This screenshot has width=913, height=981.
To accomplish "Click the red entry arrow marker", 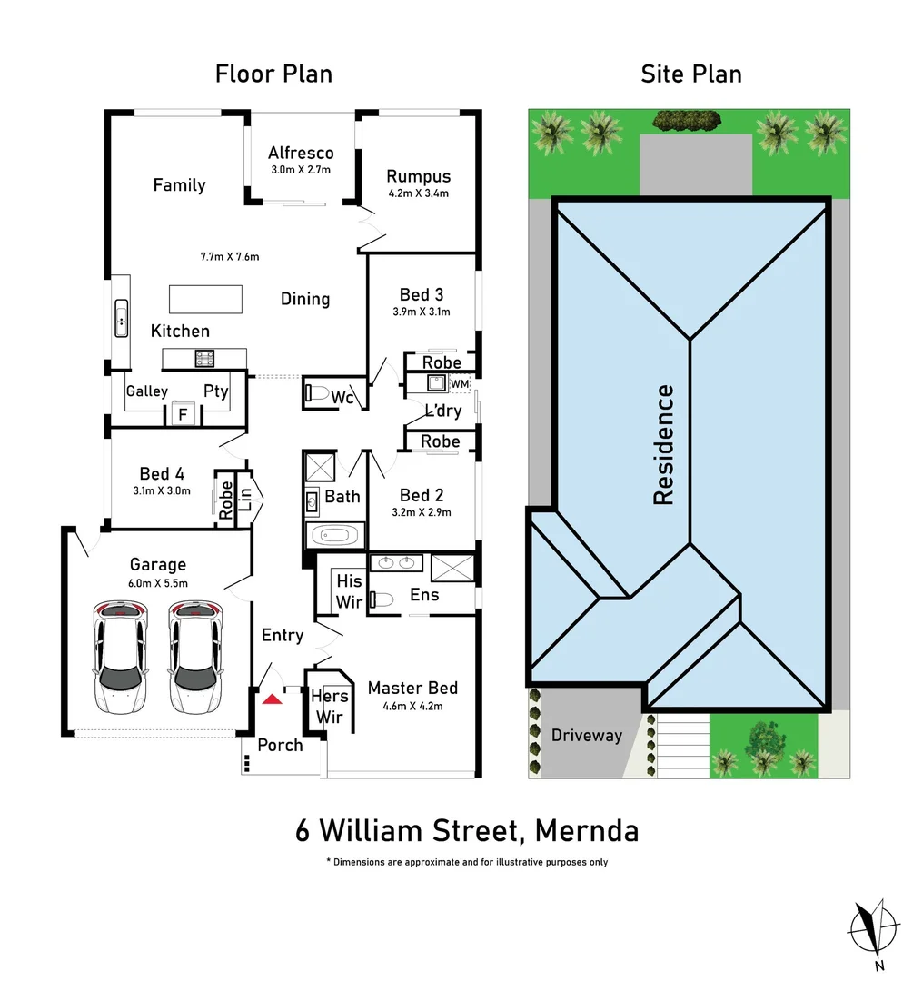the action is [x=272, y=699].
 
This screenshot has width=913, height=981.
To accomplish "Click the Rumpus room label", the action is [x=419, y=176].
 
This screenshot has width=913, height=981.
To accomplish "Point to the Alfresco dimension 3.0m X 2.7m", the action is [x=301, y=170].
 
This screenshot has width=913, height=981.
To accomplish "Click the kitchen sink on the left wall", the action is [x=122, y=319].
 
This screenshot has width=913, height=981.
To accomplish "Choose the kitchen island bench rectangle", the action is [x=206, y=299].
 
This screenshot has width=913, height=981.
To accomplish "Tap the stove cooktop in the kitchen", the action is [x=204, y=359].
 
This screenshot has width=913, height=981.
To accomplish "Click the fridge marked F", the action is [x=184, y=413].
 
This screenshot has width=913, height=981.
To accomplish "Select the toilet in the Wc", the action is [x=317, y=393].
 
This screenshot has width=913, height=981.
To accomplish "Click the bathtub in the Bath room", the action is [x=334, y=536].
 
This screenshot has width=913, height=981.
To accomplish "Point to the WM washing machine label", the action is [x=460, y=383].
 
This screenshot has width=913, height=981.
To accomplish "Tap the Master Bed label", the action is [x=413, y=689].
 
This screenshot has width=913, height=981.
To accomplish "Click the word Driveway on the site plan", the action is [x=587, y=736].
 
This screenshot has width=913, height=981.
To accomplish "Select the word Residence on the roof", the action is [x=663, y=445].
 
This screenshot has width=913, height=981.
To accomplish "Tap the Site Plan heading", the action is [x=691, y=74].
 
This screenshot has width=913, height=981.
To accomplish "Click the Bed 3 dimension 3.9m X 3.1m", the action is [x=422, y=312].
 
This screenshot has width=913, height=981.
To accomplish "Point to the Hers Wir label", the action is [x=330, y=707].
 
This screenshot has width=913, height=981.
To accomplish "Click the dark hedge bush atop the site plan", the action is [x=687, y=121].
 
